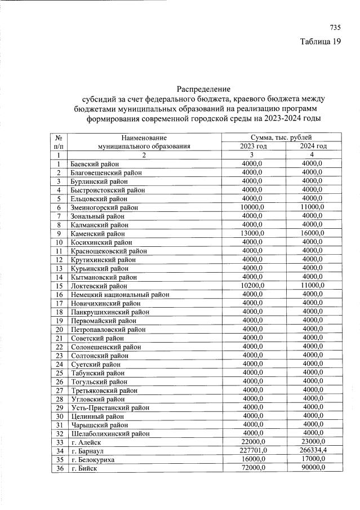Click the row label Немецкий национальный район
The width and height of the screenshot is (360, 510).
click(120, 294)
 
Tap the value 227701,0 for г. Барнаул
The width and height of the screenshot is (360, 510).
click(248, 451)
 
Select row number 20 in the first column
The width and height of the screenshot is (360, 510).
click(59, 329)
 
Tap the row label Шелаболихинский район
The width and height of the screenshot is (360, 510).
click(110, 433)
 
